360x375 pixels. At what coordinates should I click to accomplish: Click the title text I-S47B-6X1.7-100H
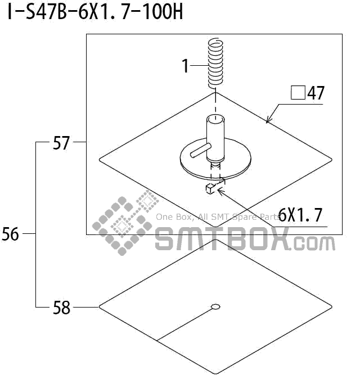click(96, 12)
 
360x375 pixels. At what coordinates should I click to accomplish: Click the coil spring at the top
click(216, 62)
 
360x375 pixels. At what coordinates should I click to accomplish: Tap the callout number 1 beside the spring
click(186, 66)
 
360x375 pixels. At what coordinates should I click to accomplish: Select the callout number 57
click(61, 143)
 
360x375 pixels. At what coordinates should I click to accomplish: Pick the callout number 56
click(10, 234)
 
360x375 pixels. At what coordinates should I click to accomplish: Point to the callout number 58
click(61, 308)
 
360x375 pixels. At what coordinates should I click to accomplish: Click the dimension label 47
click(316, 93)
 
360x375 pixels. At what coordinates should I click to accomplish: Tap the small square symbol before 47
click(298, 92)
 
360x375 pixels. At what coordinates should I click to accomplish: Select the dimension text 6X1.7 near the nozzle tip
click(300, 215)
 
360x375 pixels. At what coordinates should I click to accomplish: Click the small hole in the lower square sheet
click(215, 306)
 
